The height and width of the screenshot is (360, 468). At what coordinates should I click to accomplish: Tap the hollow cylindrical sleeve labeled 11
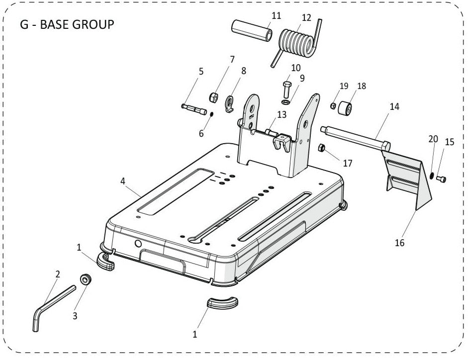(251, 30)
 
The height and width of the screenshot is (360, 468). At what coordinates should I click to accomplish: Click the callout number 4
(123, 181)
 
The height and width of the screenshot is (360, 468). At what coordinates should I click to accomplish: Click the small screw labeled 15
(441, 180)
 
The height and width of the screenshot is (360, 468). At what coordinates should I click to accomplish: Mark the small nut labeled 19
(333, 105)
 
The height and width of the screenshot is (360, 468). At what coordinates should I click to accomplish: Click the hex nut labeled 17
(322, 148)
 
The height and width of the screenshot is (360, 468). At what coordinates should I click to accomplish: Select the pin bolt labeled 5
(193, 109)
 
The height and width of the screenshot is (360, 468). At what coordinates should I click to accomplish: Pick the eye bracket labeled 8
(230, 104)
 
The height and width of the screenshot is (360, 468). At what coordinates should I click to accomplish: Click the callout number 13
(282, 115)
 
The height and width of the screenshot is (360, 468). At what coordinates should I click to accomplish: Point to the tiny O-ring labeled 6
(211, 115)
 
